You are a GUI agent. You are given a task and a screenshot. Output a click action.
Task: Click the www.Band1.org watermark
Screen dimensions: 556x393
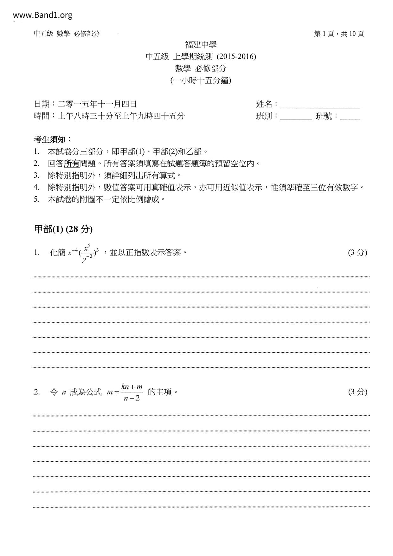[43, 15]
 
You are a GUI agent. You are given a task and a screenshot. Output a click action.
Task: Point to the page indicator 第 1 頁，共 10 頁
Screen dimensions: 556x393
[338, 34]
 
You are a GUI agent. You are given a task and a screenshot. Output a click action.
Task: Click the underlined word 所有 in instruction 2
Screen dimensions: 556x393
[72, 164]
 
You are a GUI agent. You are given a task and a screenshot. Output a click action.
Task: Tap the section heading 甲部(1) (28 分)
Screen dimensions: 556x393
[63, 229]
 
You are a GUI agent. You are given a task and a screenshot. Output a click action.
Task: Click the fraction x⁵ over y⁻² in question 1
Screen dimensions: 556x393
[87, 253]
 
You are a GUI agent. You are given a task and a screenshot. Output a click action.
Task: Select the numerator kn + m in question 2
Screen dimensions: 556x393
[132, 387]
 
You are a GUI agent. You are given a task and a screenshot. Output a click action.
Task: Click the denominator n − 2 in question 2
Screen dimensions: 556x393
[132, 398]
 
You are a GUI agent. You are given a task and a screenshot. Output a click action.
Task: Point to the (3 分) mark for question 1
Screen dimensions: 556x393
[357, 252]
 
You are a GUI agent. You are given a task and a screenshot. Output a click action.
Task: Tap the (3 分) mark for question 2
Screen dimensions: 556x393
[357, 392]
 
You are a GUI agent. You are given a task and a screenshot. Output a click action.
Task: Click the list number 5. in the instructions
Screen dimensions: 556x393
[37, 199]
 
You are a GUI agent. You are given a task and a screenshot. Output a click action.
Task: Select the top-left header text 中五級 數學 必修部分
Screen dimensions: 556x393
[67, 34]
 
